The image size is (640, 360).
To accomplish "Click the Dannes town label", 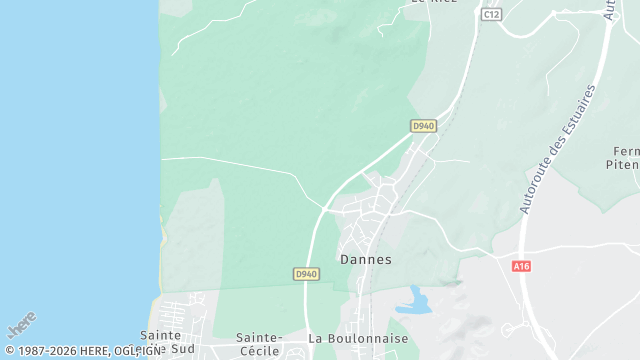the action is [365, 258].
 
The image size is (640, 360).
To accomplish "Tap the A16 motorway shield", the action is [520, 266].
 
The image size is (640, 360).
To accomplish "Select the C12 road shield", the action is [490, 15].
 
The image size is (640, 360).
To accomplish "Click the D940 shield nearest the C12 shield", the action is [423, 125].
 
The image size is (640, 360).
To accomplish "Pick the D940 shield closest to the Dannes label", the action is [306, 273].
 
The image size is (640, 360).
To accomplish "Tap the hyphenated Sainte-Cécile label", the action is [260, 344].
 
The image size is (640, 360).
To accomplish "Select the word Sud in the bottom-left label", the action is [183, 350].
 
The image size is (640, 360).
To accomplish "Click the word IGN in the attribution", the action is [150, 351].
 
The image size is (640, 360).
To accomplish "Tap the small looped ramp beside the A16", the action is [509, 330].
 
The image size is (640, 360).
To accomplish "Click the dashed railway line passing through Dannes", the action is [372, 290].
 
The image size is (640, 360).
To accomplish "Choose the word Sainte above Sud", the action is [160, 336].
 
